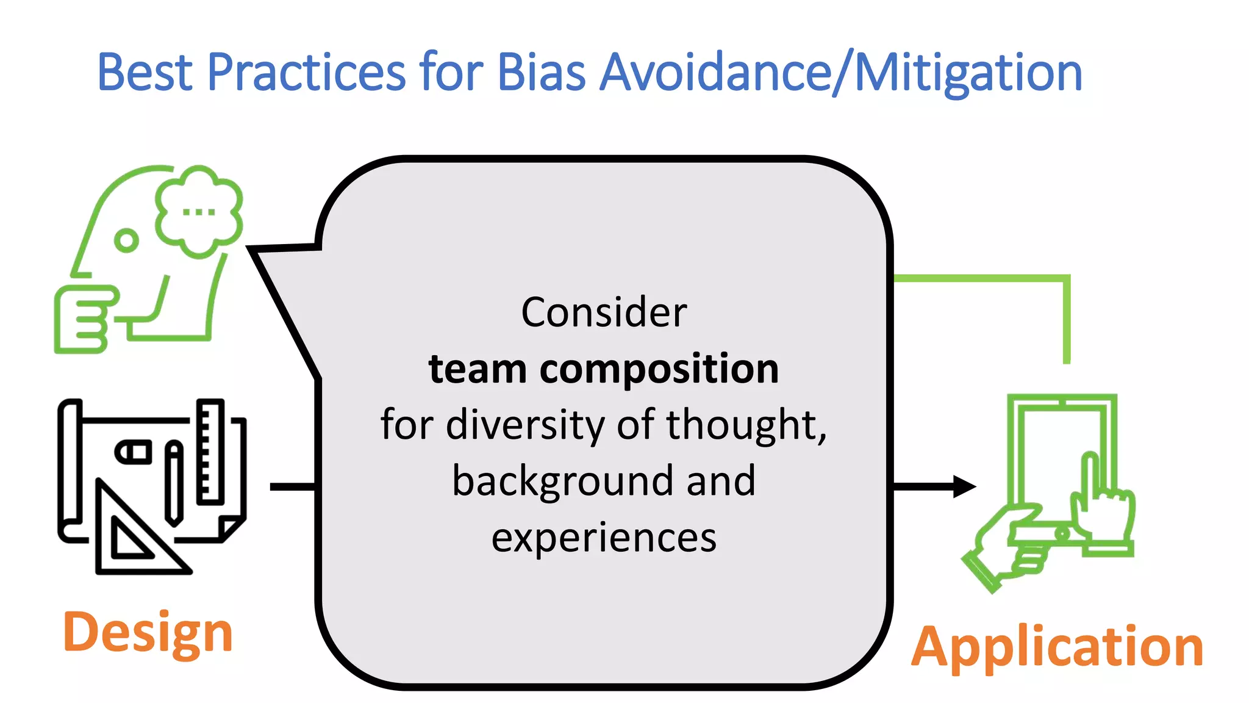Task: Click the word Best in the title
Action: point(145,73)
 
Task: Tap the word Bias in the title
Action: point(542,73)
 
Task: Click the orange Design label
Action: point(148,633)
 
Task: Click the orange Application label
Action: point(1057,647)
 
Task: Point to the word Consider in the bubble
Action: point(604,312)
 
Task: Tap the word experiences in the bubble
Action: point(604,538)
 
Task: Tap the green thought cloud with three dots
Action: point(199,211)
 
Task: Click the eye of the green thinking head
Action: point(126,240)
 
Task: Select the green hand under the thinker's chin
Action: point(82,319)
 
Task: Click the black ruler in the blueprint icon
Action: point(210,452)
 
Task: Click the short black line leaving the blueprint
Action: point(293,486)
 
